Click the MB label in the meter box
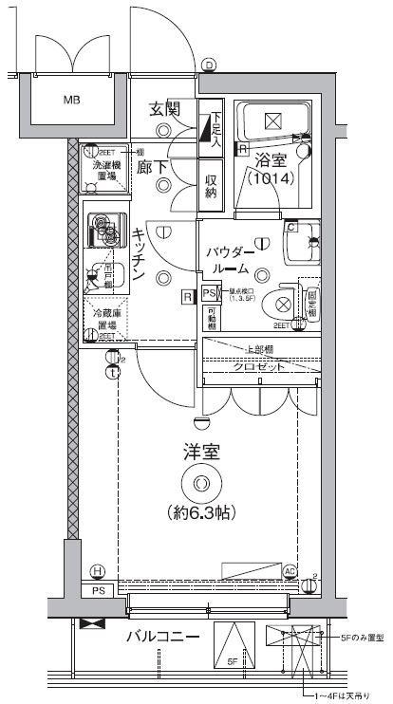73,99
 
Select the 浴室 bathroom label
271,157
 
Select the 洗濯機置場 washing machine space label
105,170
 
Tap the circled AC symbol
291,570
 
